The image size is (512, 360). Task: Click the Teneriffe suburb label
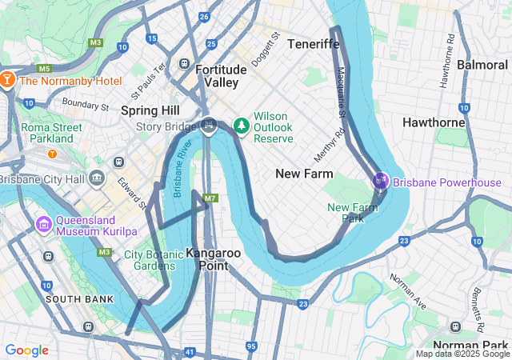click(x=313, y=43)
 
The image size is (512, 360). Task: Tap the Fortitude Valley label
click(x=216, y=76)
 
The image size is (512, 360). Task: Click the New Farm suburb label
click(x=303, y=174)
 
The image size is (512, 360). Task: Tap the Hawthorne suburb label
click(x=434, y=122)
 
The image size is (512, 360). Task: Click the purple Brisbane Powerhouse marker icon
click(x=380, y=182)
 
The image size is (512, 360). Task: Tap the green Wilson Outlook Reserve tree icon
click(x=242, y=126)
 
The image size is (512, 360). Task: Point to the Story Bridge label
click(x=166, y=126)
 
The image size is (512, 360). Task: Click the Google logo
click(x=26, y=350)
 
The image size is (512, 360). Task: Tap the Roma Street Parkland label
click(x=51, y=133)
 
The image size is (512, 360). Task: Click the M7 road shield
click(x=210, y=198)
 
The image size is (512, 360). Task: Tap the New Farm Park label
click(x=352, y=213)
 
